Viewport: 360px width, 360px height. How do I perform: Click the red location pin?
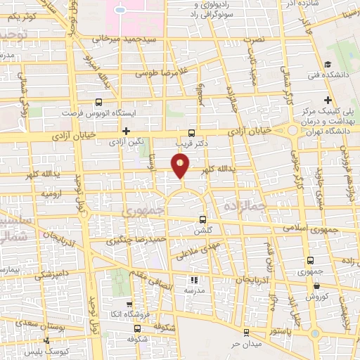(x=181, y=165)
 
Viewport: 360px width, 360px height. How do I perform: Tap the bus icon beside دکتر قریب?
(x=193, y=131)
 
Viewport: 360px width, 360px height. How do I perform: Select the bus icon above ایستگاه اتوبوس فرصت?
(x=98, y=103)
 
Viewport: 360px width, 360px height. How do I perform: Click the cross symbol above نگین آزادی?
(x=126, y=131)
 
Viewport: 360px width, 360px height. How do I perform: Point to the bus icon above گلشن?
(x=202, y=219)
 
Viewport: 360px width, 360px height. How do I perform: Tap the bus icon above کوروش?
(x=319, y=286)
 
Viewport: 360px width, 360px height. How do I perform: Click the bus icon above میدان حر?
(x=245, y=333)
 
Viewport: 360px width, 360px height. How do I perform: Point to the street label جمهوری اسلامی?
(x=311, y=229)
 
